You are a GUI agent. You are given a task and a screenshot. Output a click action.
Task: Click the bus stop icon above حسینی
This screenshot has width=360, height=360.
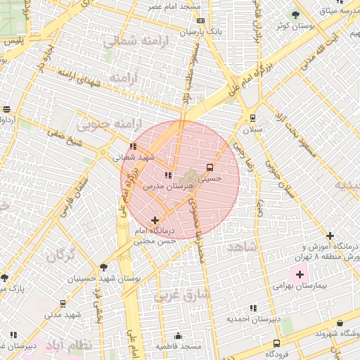[x=210, y=167]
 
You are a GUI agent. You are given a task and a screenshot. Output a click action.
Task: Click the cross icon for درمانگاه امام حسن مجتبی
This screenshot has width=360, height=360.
[x=155, y=221]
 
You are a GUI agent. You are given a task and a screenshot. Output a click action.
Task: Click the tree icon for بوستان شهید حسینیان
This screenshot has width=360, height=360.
[x=104, y=267]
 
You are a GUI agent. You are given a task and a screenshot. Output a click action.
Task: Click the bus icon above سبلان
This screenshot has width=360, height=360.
[x=252, y=118]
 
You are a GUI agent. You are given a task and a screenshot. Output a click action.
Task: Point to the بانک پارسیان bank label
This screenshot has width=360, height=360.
[x=200, y=32]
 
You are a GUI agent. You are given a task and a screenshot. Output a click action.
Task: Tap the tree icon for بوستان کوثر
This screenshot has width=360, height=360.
[x=296, y=14]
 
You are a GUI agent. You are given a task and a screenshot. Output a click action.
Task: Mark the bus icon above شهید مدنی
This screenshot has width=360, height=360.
[x=63, y=304]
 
